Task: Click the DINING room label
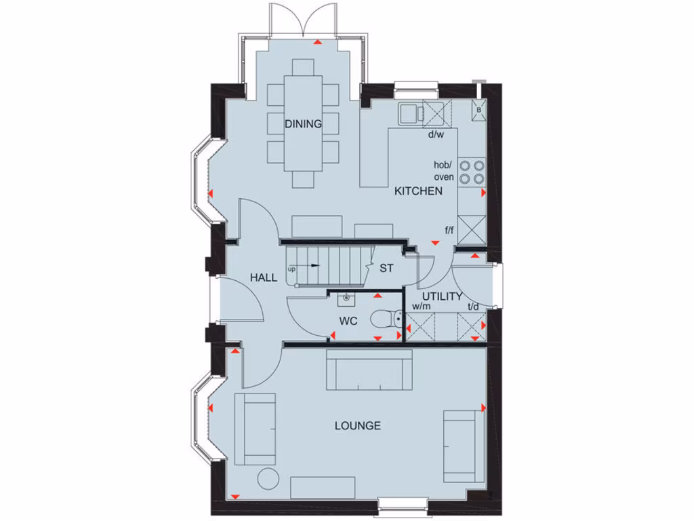click(x=302, y=123)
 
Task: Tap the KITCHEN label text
click(x=418, y=191)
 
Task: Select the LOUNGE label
click(x=357, y=425)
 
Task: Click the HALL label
click(x=263, y=277)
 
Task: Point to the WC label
click(x=348, y=320)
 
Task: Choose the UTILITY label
click(x=442, y=296)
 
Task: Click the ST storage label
click(x=386, y=268)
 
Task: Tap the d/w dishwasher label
click(x=435, y=134)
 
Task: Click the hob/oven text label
click(x=444, y=171)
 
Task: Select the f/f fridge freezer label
click(x=449, y=231)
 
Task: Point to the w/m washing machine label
click(x=421, y=307)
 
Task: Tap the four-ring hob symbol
click(x=472, y=172)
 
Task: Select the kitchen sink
click(x=409, y=113)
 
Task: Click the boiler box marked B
click(x=478, y=109)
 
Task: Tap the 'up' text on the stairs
click(x=291, y=269)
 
